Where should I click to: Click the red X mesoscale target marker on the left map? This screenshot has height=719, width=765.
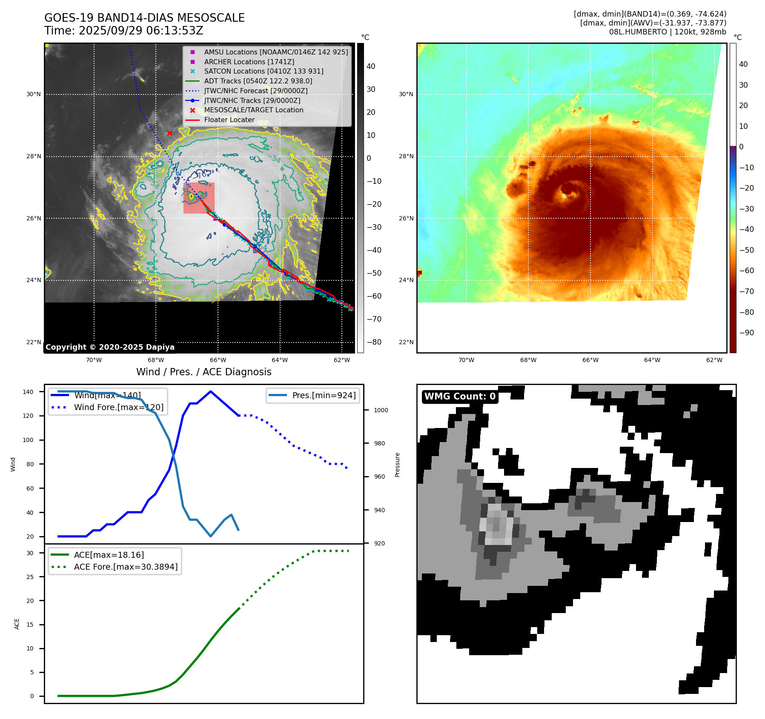tap(169, 134)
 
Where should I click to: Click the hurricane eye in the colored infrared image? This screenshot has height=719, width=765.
tap(564, 196)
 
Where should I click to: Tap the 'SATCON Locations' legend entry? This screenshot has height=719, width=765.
tap(264, 71)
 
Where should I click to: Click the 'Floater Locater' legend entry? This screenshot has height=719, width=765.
tap(229, 120)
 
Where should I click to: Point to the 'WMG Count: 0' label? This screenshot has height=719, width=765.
tap(460, 397)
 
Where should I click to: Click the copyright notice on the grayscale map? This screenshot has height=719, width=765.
tap(110, 347)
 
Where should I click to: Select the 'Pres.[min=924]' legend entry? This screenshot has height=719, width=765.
tap(324, 395)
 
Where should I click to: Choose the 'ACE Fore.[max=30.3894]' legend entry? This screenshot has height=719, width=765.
tap(126, 567)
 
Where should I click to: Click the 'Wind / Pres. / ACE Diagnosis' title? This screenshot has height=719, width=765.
tap(203, 372)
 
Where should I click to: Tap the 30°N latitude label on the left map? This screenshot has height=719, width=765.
tap(34, 94)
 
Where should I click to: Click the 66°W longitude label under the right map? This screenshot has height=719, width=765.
tap(590, 360)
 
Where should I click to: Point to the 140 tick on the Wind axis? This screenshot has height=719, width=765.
tap(28, 392)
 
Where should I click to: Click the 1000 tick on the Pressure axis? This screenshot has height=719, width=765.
tap(381, 410)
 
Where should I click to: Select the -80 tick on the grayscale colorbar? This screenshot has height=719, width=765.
tap(374, 342)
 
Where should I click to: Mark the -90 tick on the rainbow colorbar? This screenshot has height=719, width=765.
tap(746, 333)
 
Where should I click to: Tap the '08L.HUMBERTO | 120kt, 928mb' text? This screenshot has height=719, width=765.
tap(667, 32)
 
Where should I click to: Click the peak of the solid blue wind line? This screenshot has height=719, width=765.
tap(211, 391)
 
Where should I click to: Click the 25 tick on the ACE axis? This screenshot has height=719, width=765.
tap(30, 577)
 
